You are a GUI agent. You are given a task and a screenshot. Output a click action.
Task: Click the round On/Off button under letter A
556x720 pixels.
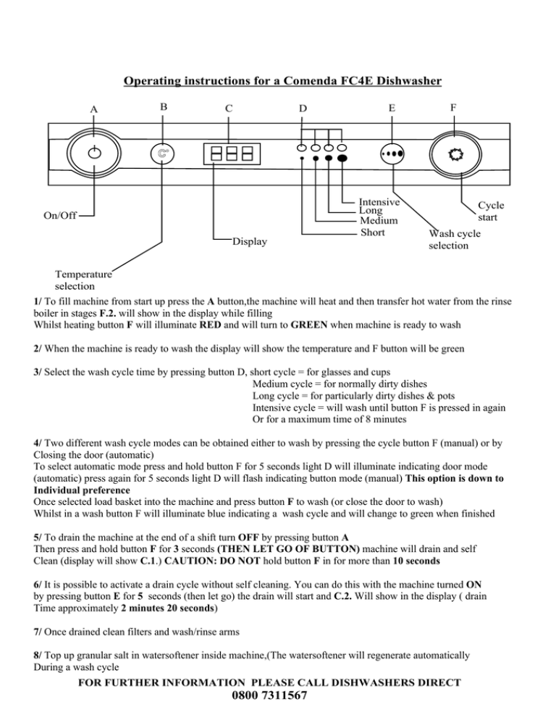(94, 152)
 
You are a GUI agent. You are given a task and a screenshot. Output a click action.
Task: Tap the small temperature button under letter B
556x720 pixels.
(164, 154)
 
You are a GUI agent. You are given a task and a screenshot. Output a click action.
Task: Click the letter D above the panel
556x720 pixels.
(304, 109)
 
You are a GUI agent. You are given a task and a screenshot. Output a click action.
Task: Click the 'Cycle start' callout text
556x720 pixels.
(491, 212)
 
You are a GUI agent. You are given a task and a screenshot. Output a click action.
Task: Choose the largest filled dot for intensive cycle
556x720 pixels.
(342, 158)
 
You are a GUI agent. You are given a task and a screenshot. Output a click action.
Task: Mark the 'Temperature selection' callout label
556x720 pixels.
(84, 281)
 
